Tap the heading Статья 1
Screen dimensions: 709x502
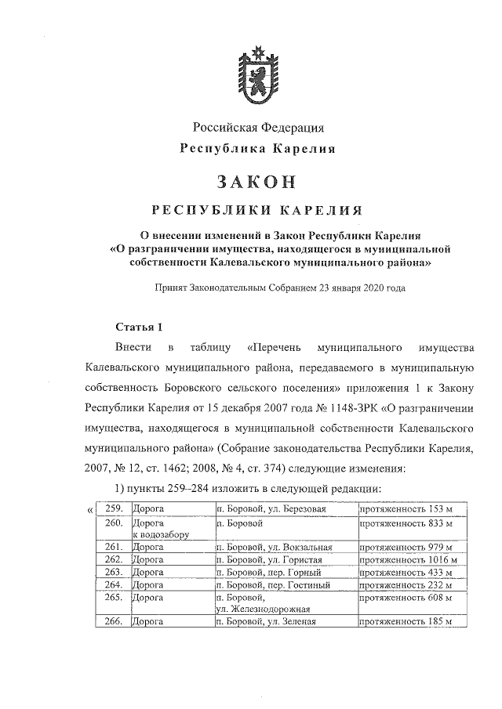coord(138,327)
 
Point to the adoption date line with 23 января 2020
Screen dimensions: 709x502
coord(280,288)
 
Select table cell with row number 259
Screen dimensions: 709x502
coord(115,509)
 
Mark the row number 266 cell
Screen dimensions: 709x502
coord(115,622)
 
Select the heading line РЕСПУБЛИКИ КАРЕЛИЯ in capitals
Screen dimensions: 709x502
coord(256,211)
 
